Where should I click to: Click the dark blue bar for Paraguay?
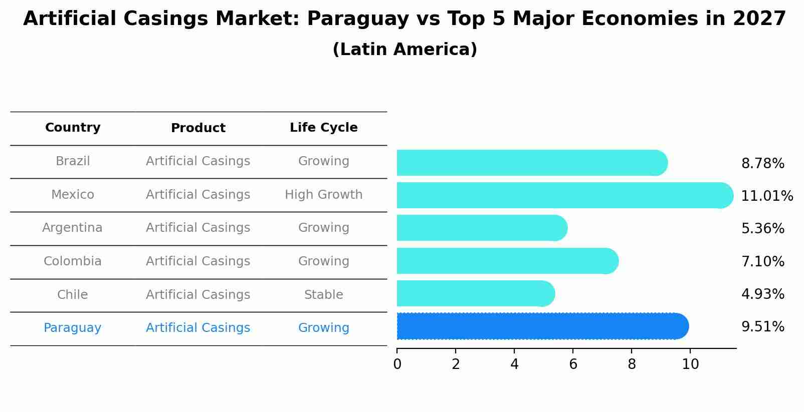pyautogui.click(x=541, y=326)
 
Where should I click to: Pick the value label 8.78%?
pyautogui.click(x=762, y=164)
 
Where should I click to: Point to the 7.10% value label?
pyautogui.click(x=762, y=261)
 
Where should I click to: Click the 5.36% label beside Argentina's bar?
pyautogui.click(x=762, y=229)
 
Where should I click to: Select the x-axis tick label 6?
pyautogui.click(x=573, y=364)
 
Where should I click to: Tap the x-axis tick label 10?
pyautogui.click(x=690, y=364)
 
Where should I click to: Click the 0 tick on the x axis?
pyautogui.click(x=397, y=364)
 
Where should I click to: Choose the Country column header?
pyautogui.click(x=73, y=128)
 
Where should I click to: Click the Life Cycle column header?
pyautogui.click(x=323, y=128)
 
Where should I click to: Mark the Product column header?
pyautogui.click(x=198, y=128)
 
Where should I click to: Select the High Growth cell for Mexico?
pyautogui.click(x=323, y=195)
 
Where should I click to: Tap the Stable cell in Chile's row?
pyautogui.click(x=323, y=295)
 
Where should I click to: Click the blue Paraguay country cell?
pyautogui.click(x=72, y=328)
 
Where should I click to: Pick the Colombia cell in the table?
pyautogui.click(x=72, y=261)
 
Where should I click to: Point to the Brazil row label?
pyautogui.click(x=73, y=161)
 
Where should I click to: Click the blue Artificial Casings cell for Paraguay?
pyautogui.click(x=198, y=328)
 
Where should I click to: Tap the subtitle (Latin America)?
pyautogui.click(x=405, y=50)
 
